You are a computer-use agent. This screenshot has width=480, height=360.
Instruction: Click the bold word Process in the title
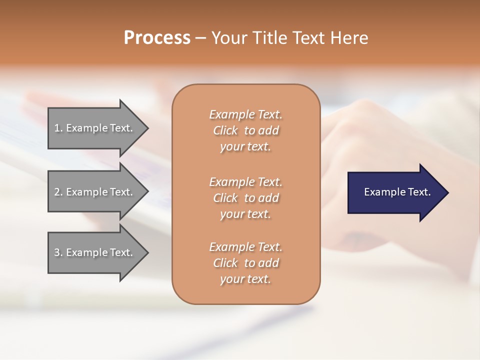(x=157, y=38)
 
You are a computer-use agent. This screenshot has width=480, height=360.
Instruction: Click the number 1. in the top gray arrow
(x=58, y=128)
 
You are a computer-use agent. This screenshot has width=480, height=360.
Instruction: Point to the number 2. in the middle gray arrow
(x=58, y=192)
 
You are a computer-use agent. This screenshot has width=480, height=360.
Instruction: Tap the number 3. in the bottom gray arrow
(x=58, y=252)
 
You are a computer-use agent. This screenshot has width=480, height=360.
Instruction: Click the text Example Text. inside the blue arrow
(x=397, y=192)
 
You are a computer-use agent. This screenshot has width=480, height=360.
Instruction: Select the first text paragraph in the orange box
(x=245, y=130)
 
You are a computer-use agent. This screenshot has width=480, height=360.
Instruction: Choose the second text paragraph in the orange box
(x=245, y=198)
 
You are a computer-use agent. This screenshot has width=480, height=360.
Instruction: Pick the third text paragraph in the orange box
(x=245, y=263)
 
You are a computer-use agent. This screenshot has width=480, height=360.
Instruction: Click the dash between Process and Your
(x=200, y=38)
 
